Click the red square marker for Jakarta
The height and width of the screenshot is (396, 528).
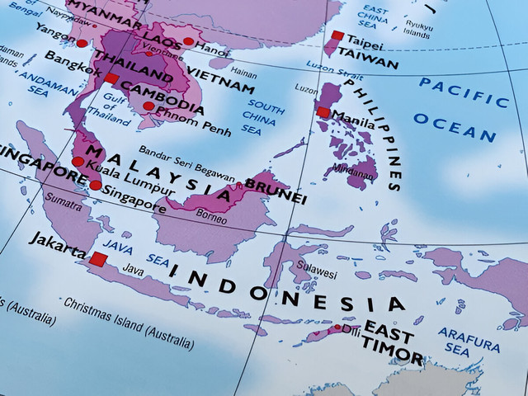pos(98,259)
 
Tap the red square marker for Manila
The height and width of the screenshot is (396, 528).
pos(323,113)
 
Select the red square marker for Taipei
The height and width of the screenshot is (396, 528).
pos(337,35)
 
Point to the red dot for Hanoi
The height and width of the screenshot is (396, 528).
pos(188,41)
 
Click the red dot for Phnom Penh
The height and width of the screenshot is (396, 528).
pos(148,106)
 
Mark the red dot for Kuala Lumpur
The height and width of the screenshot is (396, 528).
pos(78,162)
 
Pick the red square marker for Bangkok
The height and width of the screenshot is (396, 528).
pos(111,78)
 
